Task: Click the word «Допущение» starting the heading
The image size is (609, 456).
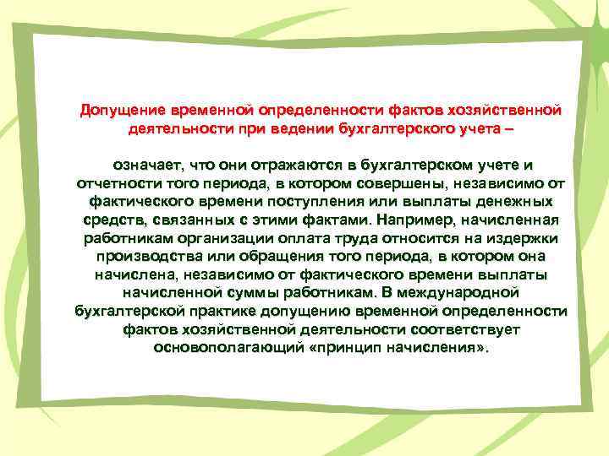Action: click(122, 111)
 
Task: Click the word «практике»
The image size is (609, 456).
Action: click(195, 312)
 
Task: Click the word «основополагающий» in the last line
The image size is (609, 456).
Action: click(218, 349)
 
